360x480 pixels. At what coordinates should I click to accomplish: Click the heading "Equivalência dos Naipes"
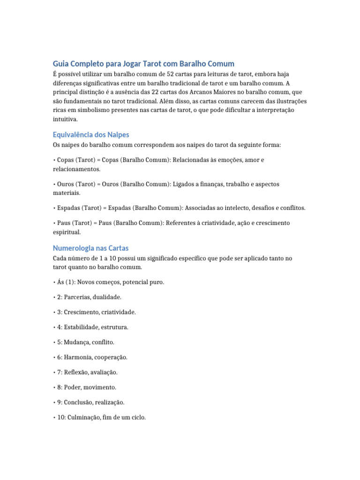(91, 135)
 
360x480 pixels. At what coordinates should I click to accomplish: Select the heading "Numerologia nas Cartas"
(90, 248)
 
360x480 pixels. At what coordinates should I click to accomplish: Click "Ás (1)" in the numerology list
(66, 282)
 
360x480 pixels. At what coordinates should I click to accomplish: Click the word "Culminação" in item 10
(84, 417)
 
